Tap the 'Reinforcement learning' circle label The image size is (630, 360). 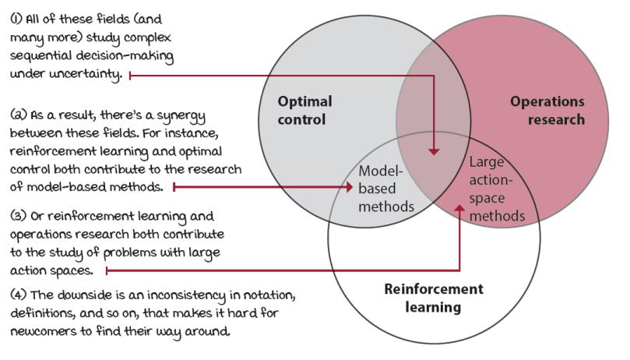434,297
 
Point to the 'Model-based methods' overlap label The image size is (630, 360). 384,188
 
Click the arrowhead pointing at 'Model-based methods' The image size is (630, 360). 350,187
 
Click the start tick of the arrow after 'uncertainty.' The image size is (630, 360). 129,75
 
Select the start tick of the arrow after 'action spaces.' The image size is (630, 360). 106,271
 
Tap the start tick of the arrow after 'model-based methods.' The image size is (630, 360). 174,187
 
